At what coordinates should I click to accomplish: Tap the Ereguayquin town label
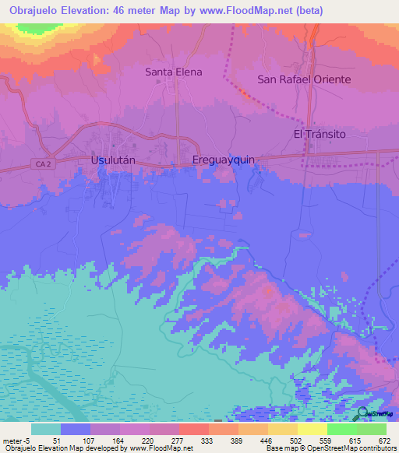pos(224,160)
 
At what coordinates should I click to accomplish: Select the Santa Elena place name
pos(174,72)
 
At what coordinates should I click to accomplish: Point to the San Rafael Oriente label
pos(304,79)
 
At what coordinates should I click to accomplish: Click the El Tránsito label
pos(319,134)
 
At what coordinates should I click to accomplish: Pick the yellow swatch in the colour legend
pos(312,429)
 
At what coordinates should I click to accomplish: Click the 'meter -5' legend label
pos(16,440)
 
